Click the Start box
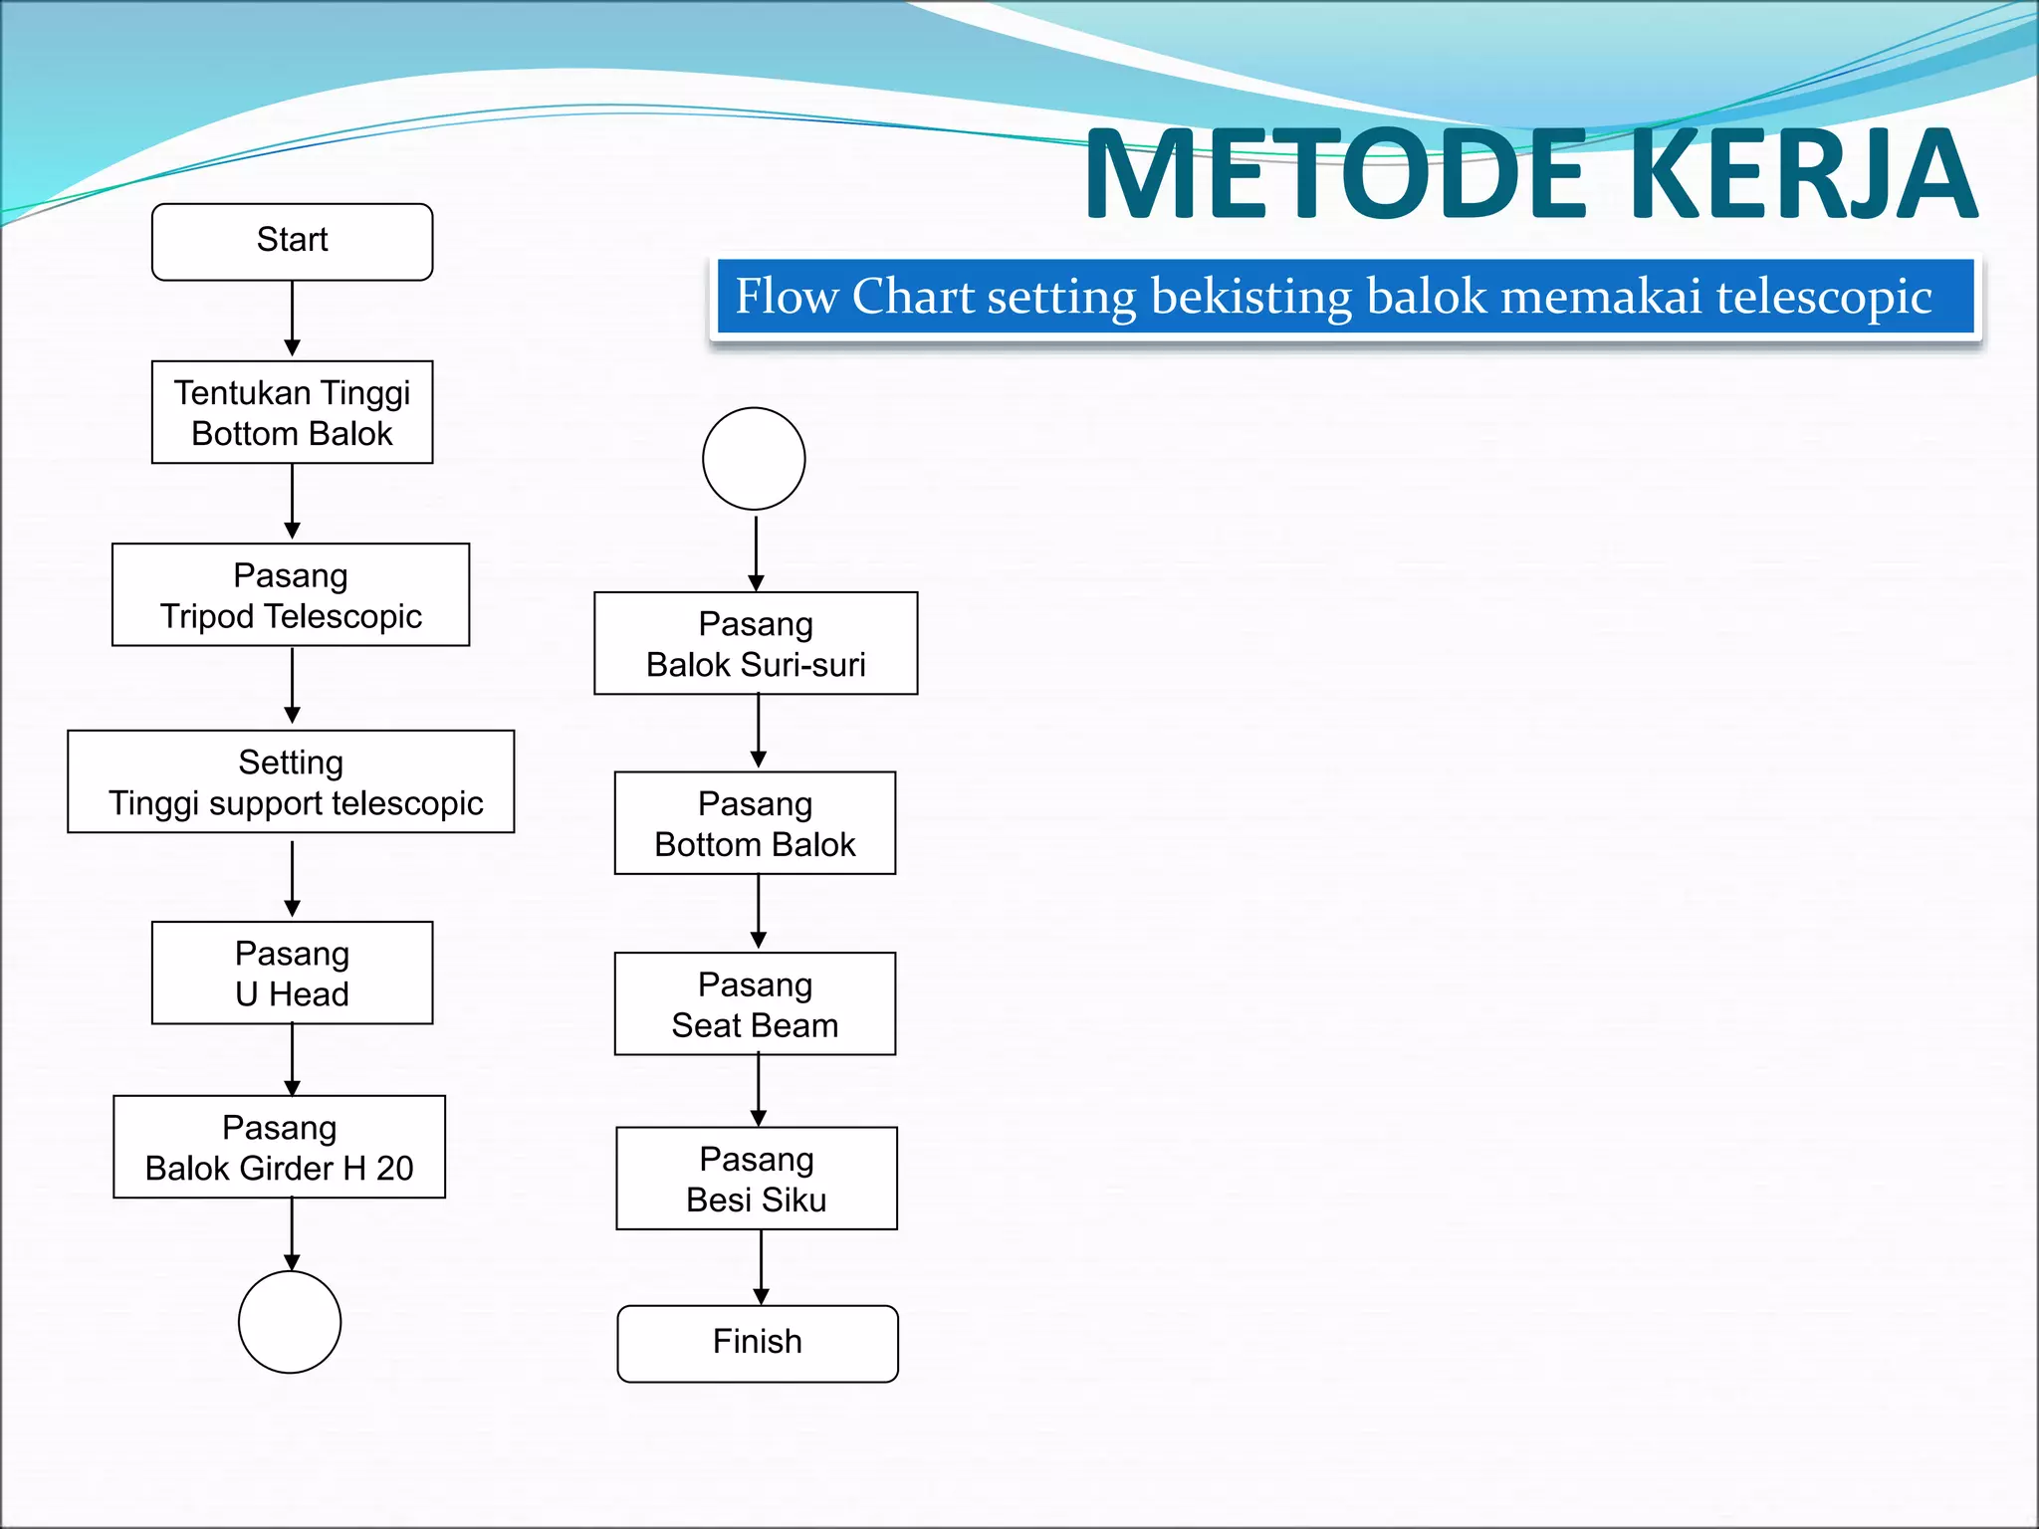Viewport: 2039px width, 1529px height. point(292,242)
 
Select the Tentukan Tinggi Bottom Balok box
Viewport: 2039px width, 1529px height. point(292,412)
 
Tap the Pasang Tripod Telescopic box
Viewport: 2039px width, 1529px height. point(291,595)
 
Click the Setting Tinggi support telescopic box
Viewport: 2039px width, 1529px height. point(291,781)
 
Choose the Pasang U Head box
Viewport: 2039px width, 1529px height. point(292,973)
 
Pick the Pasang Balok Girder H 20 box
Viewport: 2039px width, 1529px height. point(279,1147)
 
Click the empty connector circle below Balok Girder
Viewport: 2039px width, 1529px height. point(290,1322)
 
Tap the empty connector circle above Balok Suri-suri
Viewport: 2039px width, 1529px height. point(754,459)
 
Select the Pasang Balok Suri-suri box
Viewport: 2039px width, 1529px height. point(756,643)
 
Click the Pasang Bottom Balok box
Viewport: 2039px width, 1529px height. point(755,823)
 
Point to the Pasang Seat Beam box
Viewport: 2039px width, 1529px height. point(755,1003)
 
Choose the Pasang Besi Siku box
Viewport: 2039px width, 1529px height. point(757,1179)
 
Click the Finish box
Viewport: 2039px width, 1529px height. point(758,1344)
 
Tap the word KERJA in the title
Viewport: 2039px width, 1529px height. point(1802,174)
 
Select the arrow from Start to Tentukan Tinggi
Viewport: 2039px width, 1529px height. point(292,319)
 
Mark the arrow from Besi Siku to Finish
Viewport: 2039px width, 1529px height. point(761,1266)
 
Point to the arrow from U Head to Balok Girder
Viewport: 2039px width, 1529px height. point(292,1059)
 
